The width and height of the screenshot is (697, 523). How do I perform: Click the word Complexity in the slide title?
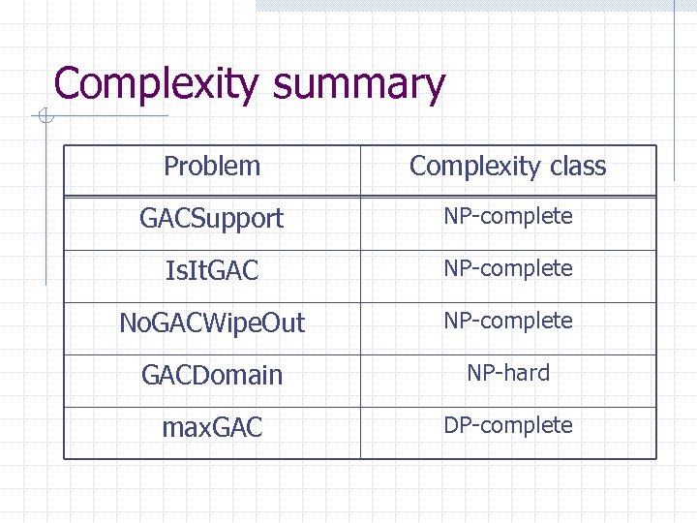[157, 84]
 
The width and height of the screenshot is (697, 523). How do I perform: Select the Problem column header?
[212, 167]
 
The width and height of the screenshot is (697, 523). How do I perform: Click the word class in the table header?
[578, 167]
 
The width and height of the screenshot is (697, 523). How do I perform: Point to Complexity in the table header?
[474, 167]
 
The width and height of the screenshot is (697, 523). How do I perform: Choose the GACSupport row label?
[212, 219]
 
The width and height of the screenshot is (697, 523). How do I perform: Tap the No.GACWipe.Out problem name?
[212, 323]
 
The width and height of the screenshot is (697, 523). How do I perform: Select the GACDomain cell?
[212, 376]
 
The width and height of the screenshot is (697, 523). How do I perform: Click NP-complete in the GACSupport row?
[508, 217]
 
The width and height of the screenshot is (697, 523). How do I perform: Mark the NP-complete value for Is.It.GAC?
[508, 268]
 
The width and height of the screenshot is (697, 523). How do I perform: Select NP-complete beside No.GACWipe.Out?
[508, 321]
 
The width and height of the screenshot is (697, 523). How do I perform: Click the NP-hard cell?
[508, 373]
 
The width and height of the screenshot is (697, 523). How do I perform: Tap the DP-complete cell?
[508, 425]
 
